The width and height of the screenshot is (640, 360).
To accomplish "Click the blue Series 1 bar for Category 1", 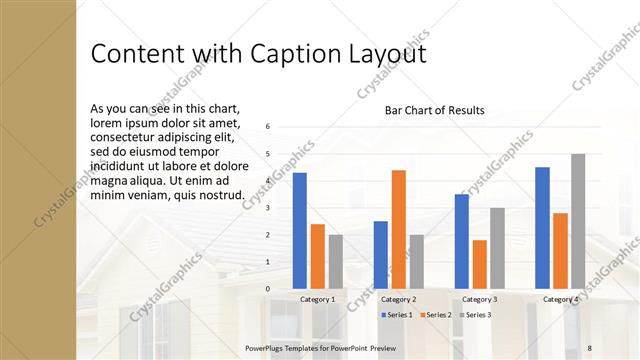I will [x=300, y=230].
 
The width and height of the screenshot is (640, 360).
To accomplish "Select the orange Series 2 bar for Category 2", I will [x=398, y=229].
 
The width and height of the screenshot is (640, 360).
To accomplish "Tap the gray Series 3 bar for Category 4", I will [x=578, y=221].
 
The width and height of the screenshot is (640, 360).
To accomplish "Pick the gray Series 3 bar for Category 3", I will [x=497, y=248].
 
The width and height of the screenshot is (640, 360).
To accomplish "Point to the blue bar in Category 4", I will [x=542, y=227].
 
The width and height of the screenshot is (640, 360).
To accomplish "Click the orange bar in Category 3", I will [x=480, y=264].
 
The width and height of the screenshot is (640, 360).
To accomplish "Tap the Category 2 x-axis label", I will [x=399, y=299].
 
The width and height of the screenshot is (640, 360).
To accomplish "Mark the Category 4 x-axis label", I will [x=561, y=299].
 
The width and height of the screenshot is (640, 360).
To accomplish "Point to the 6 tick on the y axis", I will [x=268, y=127].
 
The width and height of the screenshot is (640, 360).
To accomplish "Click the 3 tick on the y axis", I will [x=268, y=208].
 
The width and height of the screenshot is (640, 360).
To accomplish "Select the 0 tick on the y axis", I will [x=268, y=289].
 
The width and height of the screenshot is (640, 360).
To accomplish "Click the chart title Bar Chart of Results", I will [x=434, y=110].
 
